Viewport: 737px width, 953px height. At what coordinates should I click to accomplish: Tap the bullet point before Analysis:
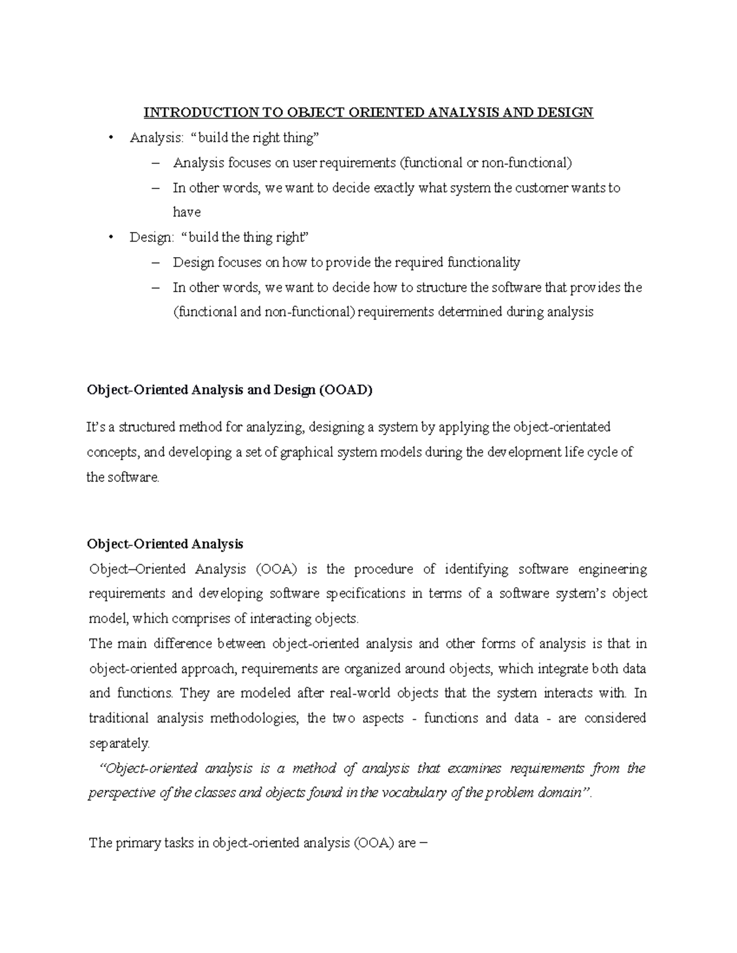pyautogui.click(x=111, y=137)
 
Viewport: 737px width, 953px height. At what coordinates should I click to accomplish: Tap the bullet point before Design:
pyautogui.click(x=111, y=237)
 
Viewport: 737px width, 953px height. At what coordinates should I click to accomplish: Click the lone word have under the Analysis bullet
pyautogui.click(x=187, y=212)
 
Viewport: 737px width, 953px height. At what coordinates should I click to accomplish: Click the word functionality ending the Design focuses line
pyautogui.click(x=483, y=263)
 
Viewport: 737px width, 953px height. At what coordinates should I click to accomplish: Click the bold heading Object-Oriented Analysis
pyautogui.click(x=165, y=544)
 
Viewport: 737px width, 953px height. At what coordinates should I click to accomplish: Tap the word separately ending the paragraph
pyautogui.click(x=119, y=743)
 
